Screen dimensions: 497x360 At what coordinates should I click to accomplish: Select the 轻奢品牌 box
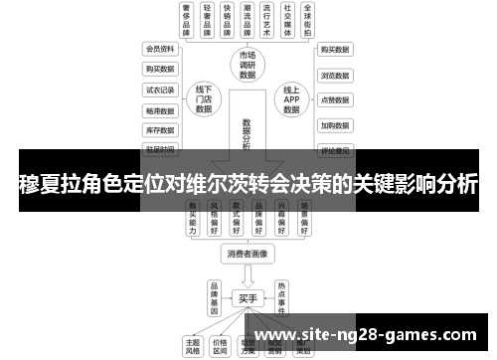tap(208, 19)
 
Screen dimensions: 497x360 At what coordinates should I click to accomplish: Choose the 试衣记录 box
tap(159, 90)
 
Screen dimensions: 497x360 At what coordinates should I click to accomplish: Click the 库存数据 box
tap(159, 129)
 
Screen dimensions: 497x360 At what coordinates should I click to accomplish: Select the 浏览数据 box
tap(334, 75)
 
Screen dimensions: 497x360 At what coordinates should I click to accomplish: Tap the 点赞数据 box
tap(334, 100)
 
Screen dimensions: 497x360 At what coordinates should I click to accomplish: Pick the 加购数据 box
tap(334, 126)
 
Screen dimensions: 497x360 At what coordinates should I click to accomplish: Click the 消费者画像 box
tap(248, 255)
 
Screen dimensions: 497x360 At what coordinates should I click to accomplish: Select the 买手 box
tap(248, 297)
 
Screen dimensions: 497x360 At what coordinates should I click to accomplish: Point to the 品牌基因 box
tap(213, 297)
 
